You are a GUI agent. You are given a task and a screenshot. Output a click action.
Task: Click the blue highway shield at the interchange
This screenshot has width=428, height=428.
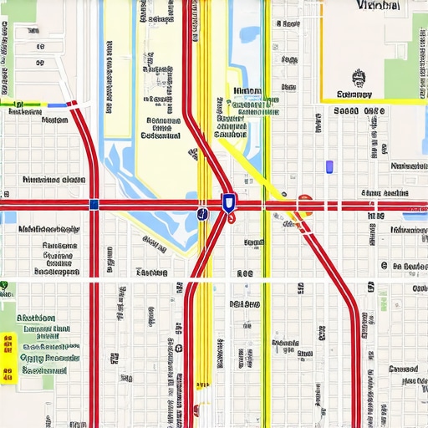(228, 201)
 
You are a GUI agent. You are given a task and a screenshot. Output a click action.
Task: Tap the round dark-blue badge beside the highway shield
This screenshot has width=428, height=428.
(201, 214)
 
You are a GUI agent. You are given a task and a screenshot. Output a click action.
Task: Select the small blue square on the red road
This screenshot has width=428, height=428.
(94, 204)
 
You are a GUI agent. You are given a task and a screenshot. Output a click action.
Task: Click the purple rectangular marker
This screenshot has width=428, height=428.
(329, 166)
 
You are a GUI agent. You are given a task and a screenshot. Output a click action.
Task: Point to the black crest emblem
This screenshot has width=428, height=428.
(360, 79)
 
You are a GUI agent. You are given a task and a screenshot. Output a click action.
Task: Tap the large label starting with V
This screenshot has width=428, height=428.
(377, 6)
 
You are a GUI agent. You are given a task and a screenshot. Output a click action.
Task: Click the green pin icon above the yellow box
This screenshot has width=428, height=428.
(4, 286)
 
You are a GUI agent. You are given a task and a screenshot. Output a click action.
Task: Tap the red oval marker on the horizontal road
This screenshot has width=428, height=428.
(304, 201)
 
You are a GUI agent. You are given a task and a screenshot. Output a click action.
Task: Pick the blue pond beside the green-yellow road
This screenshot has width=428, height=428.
(250, 35)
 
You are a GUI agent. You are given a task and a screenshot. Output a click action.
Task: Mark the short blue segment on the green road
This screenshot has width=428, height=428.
(56, 105)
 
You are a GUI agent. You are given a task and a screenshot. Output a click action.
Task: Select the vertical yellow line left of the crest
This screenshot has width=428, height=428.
(322, 50)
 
